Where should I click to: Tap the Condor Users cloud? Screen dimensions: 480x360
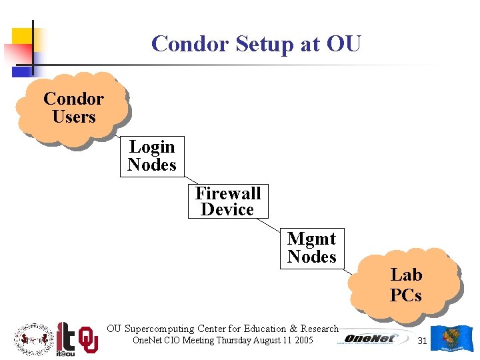[x=73, y=108]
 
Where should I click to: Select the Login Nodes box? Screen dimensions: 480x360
[x=152, y=156]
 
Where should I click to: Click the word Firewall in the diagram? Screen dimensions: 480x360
[x=228, y=194]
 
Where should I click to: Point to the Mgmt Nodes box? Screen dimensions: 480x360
[x=311, y=247]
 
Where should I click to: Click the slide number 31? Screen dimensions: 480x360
[x=421, y=341]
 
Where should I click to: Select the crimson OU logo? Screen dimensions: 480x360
[x=89, y=339]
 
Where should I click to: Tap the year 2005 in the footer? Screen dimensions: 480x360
[x=303, y=341]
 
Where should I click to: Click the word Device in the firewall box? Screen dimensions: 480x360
[x=227, y=209]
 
